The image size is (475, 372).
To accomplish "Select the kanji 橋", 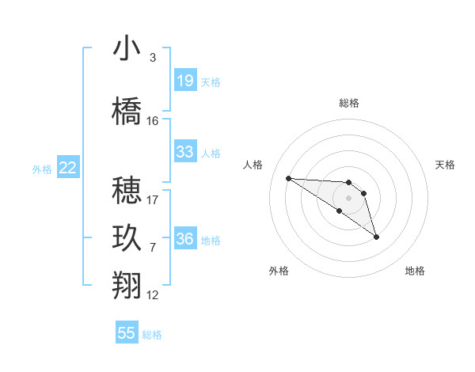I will (127, 111).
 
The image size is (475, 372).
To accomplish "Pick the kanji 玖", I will (127, 238).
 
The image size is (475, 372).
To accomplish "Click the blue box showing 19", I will (184, 81).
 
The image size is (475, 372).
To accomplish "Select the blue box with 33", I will (184, 152).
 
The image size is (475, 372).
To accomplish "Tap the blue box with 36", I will (184, 239).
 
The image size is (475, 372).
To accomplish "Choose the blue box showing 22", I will (68, 168).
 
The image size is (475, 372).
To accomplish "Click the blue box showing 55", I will (127, 333).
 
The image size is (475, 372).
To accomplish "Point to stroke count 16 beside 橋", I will (153, 121).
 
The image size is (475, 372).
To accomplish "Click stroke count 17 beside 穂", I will (153, 200).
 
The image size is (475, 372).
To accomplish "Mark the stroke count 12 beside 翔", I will (153, 295).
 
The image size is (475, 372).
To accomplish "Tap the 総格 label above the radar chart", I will (349, 103).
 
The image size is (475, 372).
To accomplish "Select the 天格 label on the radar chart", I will (446, 165).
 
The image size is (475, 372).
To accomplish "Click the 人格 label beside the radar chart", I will (253, 165).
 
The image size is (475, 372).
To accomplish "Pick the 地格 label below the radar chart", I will (415, 271).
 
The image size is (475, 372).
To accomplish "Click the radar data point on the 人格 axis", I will (288, 178).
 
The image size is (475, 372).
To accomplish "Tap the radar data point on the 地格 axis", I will (376, 237).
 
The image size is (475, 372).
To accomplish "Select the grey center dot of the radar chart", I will (348, 197).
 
